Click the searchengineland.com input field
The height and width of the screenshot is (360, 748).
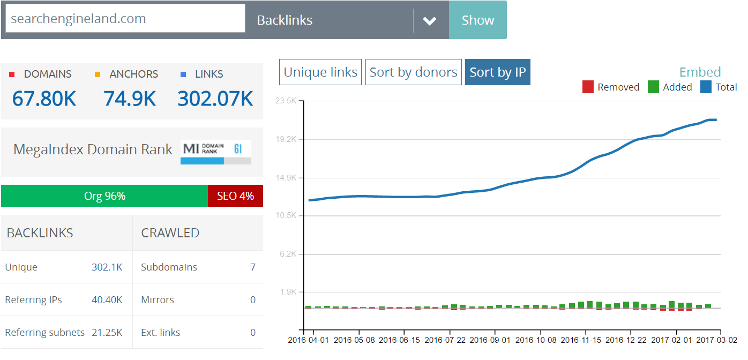tap(125, 18)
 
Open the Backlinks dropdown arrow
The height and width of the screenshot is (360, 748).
tap(429, 21)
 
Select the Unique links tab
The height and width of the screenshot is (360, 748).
tap(320, 72)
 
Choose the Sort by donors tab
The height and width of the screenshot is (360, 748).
tap(414, 72)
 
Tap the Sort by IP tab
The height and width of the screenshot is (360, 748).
tap(498, 72)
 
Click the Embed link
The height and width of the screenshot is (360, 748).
tap(700, 72)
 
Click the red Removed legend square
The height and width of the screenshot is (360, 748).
tap(588, 87)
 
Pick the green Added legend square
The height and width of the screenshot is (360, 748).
tap(653, 87)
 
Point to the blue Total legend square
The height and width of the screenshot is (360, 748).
tap(706, 87)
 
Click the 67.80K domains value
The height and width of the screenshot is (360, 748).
tap(44, 99)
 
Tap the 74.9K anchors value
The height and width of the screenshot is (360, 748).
tap(130, 99)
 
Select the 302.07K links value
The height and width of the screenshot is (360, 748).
tap(215, 99)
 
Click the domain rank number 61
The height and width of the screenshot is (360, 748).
tap(238, 148)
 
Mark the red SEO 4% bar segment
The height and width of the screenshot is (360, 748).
tap(235, 196)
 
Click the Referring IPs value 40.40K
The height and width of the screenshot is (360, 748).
tap(107, 300)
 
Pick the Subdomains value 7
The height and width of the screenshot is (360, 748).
tap(253, 267)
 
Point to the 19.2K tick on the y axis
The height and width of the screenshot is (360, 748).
tap(286, 139)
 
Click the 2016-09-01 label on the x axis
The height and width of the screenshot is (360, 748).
tap(490, 340)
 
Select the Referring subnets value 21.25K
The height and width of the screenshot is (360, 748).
tap(107, 333)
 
